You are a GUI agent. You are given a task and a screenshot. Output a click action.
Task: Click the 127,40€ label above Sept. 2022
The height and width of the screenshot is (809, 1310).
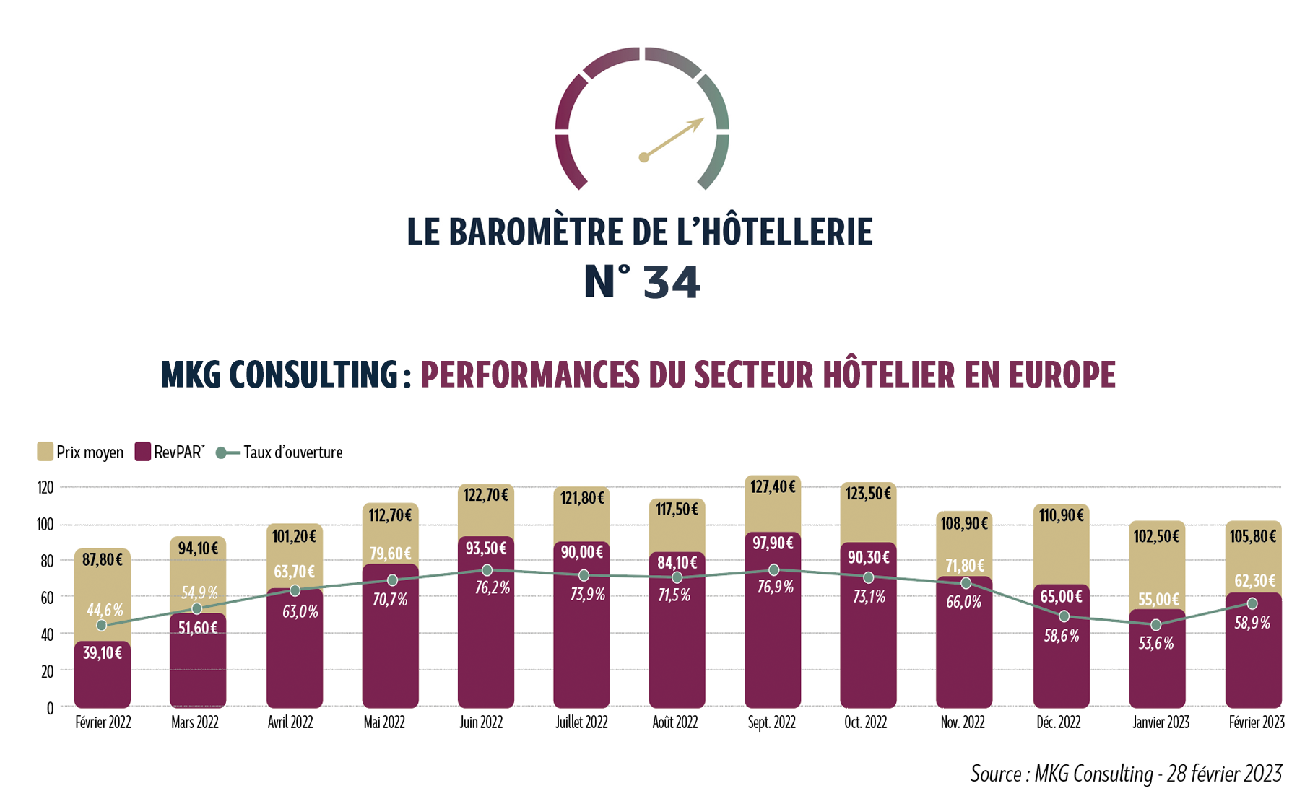(772, 487)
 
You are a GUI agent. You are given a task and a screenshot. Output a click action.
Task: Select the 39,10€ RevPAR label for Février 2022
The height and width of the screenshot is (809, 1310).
(102, 653)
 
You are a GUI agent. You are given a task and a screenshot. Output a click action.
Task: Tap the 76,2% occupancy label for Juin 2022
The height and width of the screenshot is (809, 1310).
(493, 588)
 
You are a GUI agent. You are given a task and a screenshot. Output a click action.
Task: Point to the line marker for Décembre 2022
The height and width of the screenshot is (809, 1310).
(1064, 616)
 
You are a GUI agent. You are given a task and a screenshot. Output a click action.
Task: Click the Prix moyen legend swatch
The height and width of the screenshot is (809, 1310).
(45, 452)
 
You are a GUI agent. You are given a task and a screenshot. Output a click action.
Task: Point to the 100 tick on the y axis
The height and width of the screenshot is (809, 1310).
(45, 525)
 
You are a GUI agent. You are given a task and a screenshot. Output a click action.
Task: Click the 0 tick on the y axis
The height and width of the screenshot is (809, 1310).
(50, 709)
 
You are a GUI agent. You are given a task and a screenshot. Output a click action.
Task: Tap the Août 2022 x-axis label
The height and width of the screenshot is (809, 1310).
(675, 722)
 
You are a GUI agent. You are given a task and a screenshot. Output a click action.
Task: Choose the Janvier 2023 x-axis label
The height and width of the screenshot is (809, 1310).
(1161, 722)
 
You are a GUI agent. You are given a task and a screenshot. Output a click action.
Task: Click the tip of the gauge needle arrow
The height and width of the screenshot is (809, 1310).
(703, 120)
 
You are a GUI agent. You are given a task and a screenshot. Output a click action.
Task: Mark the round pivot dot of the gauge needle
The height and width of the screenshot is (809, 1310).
(643, 157)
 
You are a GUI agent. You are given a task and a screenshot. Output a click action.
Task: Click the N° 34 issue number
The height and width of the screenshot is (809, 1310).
(642, 282)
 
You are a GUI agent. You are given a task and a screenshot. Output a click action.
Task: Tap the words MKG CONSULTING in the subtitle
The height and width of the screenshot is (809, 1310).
(279, 375)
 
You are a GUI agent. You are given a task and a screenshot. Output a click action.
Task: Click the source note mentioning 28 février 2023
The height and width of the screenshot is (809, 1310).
(1126, 774)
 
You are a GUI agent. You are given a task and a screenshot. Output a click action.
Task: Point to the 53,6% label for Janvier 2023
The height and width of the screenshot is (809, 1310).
(1156, 644)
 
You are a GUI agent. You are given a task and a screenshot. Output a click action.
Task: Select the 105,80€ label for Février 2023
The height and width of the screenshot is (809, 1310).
(1253, 536)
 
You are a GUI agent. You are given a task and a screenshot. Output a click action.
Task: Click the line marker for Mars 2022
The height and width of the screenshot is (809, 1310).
(197, 609)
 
